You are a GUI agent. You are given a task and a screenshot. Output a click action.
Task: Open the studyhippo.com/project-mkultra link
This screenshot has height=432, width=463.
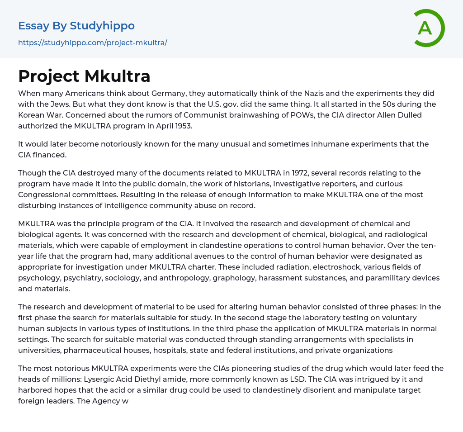point(93,43)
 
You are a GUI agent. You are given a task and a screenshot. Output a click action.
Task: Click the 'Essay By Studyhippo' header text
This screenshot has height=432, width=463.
point(76,26)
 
